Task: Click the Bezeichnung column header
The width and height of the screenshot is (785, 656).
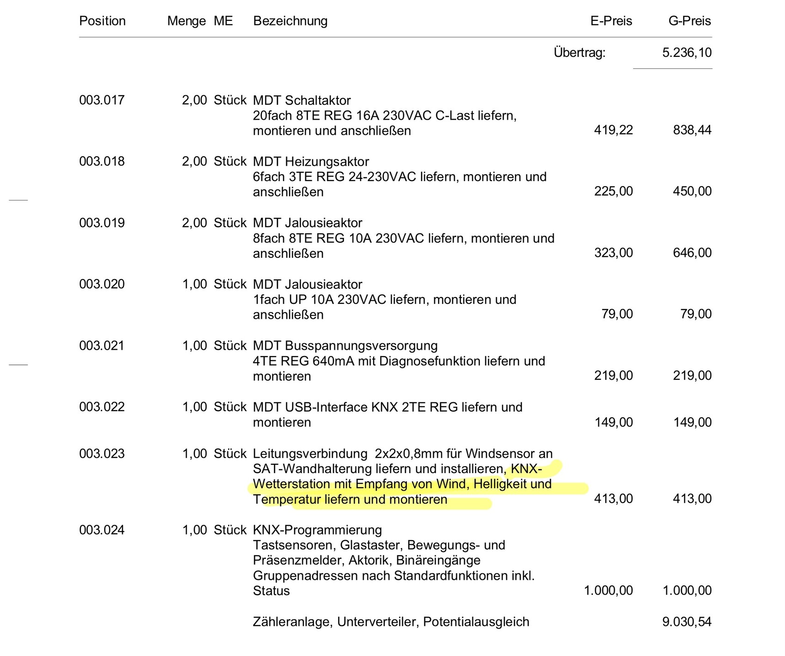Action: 290,21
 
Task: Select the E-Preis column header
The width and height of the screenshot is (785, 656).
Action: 611,21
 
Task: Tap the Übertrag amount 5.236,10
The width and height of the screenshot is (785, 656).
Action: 687,53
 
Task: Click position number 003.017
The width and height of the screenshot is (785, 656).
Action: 102,100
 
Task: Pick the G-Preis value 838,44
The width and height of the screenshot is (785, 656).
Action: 692,130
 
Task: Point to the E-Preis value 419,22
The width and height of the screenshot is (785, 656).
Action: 613,130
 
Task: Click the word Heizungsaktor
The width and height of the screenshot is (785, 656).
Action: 327,162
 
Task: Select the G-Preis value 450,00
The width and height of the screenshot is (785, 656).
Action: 692,191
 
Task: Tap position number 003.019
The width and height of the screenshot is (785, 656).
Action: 102,223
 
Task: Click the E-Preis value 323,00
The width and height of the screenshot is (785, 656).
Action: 613,253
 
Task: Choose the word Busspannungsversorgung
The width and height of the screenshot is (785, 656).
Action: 361,346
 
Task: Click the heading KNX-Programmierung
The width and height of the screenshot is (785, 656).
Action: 317,530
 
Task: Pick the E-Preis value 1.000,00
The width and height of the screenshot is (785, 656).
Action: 608,591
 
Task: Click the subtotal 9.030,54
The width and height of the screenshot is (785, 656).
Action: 687,622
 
